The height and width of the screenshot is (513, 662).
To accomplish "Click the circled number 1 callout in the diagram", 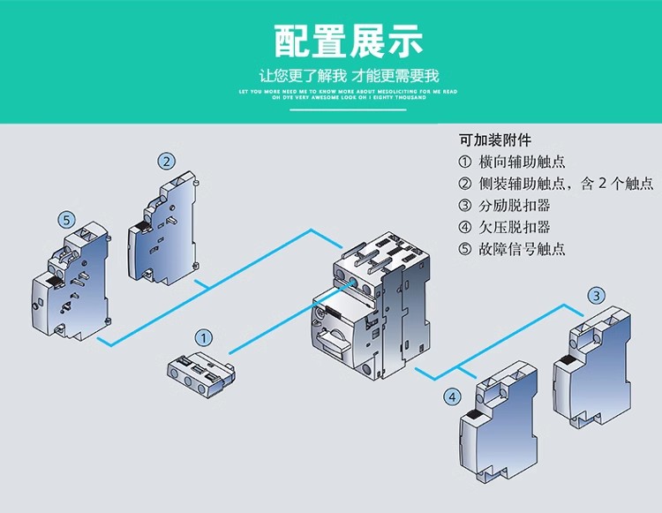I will pyautogui.click(x=204, y=337).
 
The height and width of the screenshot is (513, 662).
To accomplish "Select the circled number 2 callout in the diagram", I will pyautogui.click(x=166, y=161).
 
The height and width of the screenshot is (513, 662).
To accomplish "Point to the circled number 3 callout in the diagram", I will pyautogui.click(x=598, y=295).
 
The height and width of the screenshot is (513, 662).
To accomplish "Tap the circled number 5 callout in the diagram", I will pyautogui.click(x=64, y=219).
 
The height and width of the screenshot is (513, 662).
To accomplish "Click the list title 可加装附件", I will pyautogui.click(x=495, y=140).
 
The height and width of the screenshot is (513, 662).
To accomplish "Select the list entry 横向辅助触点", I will pyautogui.click(x=512, y=162).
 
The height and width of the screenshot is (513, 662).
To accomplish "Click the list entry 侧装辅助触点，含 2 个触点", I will pyautogui.click(x=556, y=184).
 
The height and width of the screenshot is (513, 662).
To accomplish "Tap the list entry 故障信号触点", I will pyautogui.click(x=512, y=250).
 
